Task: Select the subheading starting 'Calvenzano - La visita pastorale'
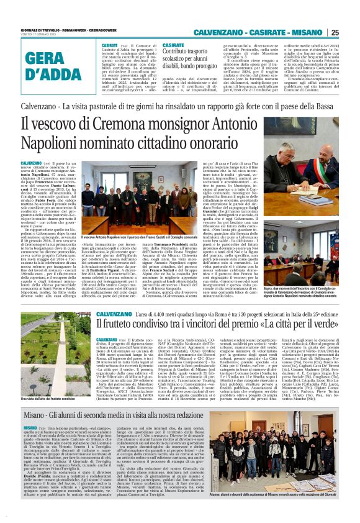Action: [x=180, y=106]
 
